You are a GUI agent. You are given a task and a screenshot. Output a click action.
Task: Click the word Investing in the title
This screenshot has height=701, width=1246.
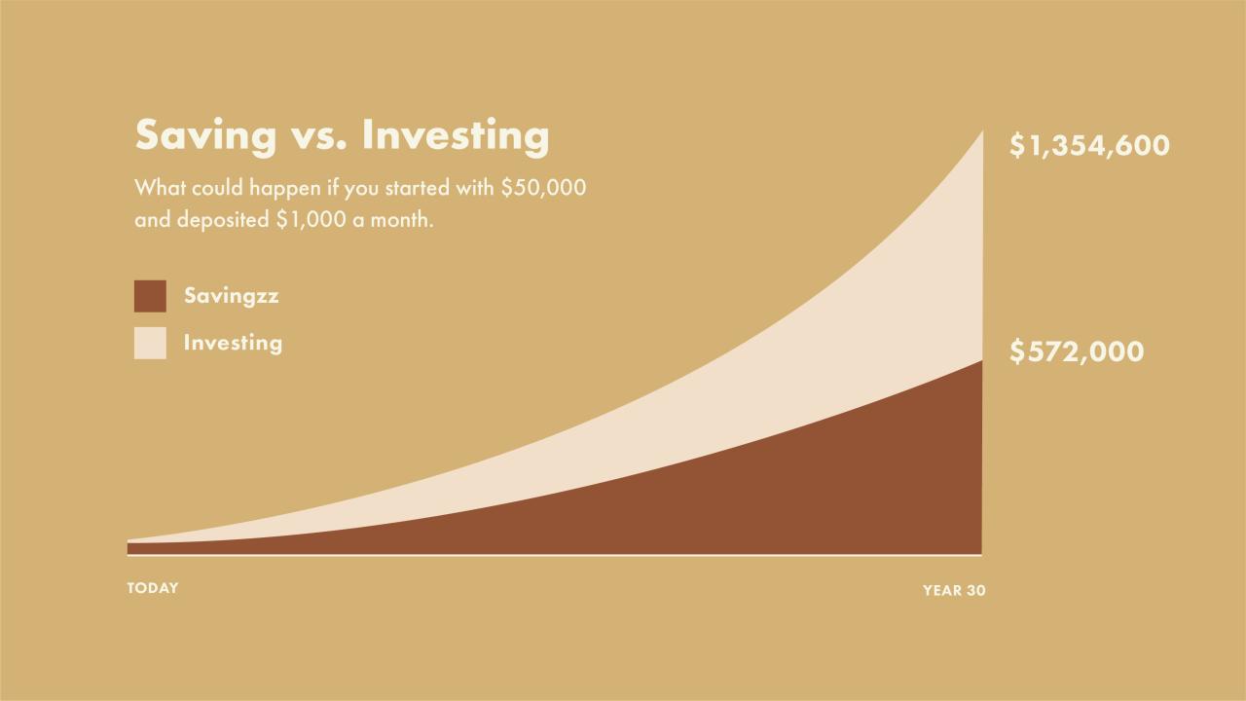pyautogui.click(x=456, y=135)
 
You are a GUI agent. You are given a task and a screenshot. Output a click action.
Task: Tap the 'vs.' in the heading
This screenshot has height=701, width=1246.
pyautogui.click(x=318, y=137)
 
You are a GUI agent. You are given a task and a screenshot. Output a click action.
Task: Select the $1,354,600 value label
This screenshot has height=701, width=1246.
pyautogui.click(x=1089, y=146)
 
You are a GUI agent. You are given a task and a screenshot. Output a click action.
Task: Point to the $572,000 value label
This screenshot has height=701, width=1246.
pyautogui.click(x=1077, y=351)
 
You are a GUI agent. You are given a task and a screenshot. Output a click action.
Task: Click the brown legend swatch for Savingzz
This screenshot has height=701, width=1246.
pyautogui.click(x=150, y=296)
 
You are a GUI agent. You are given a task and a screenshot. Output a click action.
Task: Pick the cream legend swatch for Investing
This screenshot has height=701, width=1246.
pyautogui.click(x=150, y=343)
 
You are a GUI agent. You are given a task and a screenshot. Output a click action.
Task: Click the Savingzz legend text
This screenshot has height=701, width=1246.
pyautogui.click(x=231, y=296)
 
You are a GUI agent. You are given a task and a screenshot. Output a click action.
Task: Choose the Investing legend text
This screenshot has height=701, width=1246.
pyautogui.click(x=233, y=343)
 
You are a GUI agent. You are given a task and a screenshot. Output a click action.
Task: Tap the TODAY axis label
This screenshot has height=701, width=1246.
pyautogui.click(x=153, y=588)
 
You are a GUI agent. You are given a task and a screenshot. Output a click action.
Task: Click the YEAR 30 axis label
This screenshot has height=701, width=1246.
pyautogui.click(x=954, y=590)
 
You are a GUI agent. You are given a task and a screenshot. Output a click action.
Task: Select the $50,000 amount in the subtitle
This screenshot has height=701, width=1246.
pyautogui.click(x=543, y=187)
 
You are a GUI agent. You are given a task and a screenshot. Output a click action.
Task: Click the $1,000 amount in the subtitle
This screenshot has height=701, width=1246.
pyautogui.click(x=311, y=220)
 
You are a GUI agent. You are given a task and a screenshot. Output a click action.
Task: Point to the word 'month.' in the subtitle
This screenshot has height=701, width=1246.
pyautogui.click(x=402, y=220)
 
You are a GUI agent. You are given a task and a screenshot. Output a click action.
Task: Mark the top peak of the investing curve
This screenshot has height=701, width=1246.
pyautogui.click(x=980, y=133)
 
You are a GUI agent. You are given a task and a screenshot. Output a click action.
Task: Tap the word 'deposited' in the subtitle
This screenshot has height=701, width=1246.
pyautogui.click(x=223, y=220)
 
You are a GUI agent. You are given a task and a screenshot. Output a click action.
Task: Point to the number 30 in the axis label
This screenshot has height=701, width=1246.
pyautogui.click(x=975, y=590)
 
